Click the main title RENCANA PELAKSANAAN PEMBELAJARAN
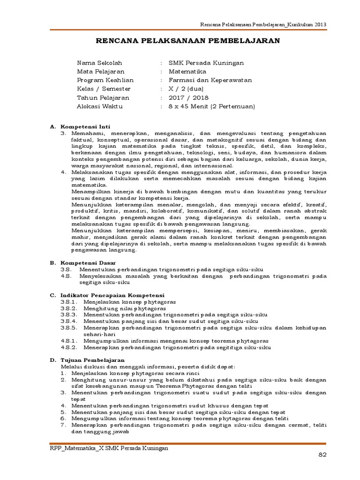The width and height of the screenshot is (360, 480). (x=187, y=41)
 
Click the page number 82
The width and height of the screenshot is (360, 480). (x=322, y=455)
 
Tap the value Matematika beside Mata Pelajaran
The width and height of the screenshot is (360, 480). (x=187, y=71)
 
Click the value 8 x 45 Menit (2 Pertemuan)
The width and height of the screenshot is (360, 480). (x=211, y=106)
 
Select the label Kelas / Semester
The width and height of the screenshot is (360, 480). (x=104, y=89)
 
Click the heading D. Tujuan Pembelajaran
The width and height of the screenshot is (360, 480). (x=87, y=359)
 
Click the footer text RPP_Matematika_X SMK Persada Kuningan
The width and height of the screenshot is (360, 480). (x=109, y=448)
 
